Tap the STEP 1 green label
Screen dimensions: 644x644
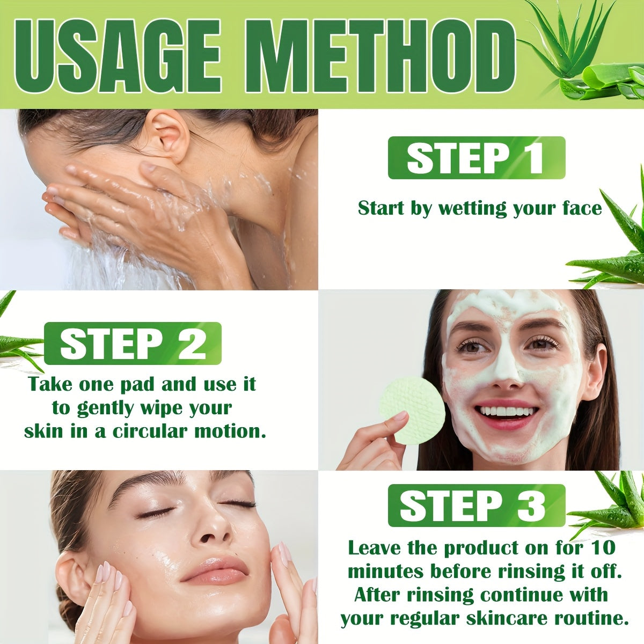pos(476,158)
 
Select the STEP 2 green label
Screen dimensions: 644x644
pos(133,343)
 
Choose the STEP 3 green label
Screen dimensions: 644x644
pos(476,505)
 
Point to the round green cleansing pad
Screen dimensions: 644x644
pos(412,409)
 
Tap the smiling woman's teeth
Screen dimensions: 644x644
pos(509,412)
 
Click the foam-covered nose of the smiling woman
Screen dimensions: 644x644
pos(506,370)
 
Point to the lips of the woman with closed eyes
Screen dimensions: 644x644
pos(214,570)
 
